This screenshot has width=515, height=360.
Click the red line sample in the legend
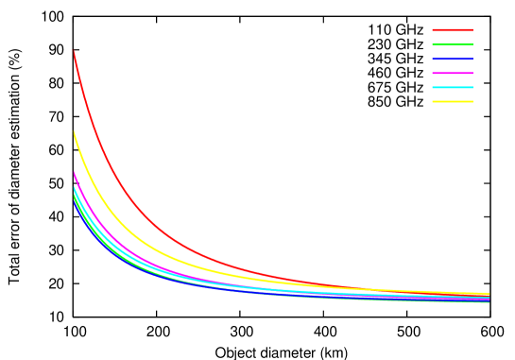point(453,30)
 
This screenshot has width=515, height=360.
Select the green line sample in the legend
point(453,44)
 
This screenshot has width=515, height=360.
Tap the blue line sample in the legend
point(453,59)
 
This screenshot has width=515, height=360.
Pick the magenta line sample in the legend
point(453,73)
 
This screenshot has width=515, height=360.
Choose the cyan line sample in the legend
point(453,87)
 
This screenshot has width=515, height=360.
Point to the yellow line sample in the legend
point(453,101)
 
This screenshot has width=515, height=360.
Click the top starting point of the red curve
point(74,51)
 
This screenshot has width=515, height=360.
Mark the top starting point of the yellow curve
point(74,130)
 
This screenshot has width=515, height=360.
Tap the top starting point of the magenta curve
point(74,171)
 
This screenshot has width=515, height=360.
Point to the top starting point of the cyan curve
point(74,186)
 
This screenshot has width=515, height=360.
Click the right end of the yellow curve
point(489,293)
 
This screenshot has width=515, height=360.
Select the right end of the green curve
point(489,302)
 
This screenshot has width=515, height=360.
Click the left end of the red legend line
point(434,30)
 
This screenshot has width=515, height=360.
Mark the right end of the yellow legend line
point(472,101)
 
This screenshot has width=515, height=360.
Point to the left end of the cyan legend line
point(434,87)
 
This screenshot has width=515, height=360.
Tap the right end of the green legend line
point(472,44)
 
